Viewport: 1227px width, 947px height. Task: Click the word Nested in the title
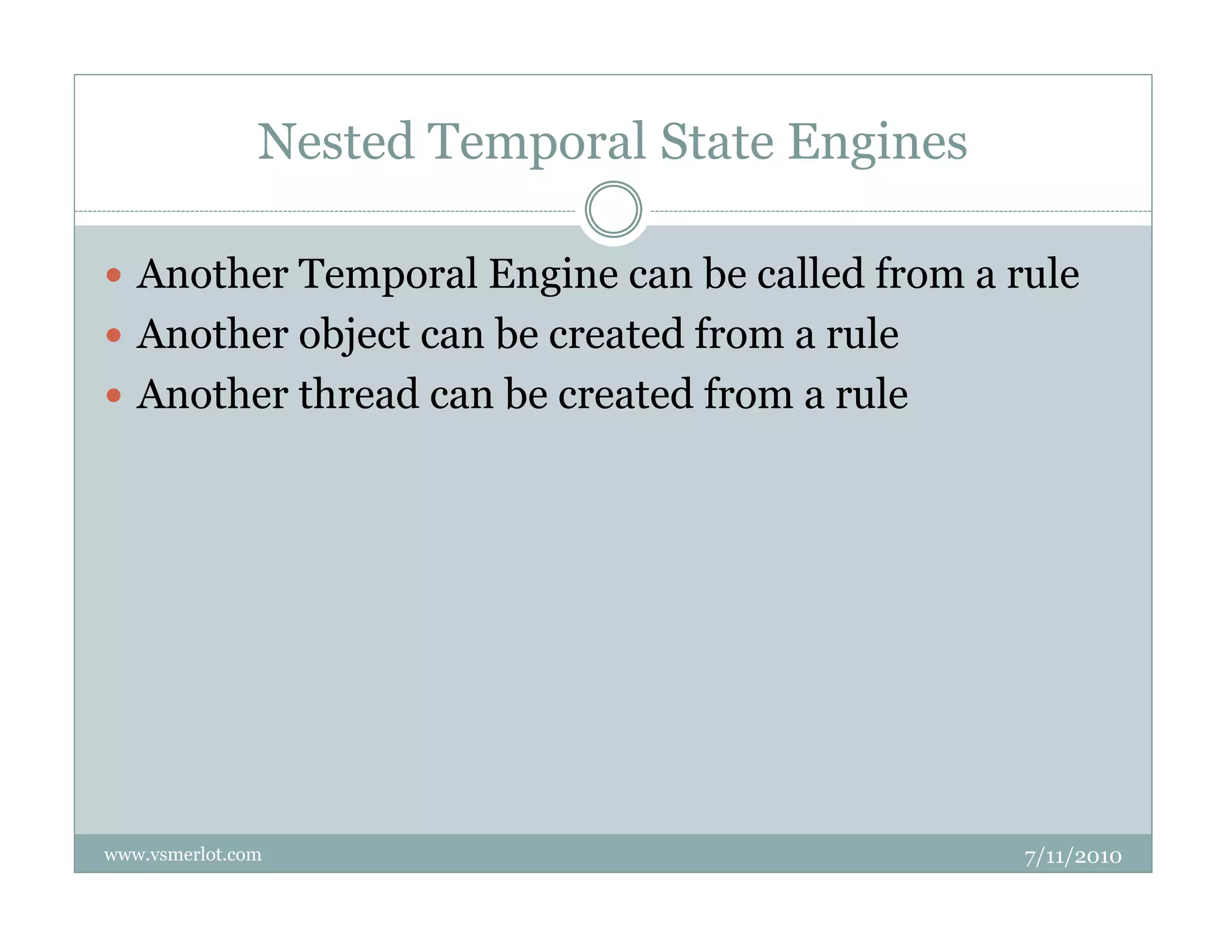click(336, 142)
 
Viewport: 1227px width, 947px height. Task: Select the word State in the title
click(717, 142)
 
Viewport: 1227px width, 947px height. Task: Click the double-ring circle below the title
click(613, 210)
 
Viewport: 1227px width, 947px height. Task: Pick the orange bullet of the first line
click(113, 275)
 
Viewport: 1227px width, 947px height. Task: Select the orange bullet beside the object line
click(113, 335)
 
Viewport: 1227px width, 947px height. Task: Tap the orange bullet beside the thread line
click(113, 395)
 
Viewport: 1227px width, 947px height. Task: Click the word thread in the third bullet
click(359, 394)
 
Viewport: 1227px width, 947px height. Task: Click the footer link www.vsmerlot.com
click(183, 854)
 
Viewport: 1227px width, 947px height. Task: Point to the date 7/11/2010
click(1072, 857)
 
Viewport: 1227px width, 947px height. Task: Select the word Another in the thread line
click(213, 394)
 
